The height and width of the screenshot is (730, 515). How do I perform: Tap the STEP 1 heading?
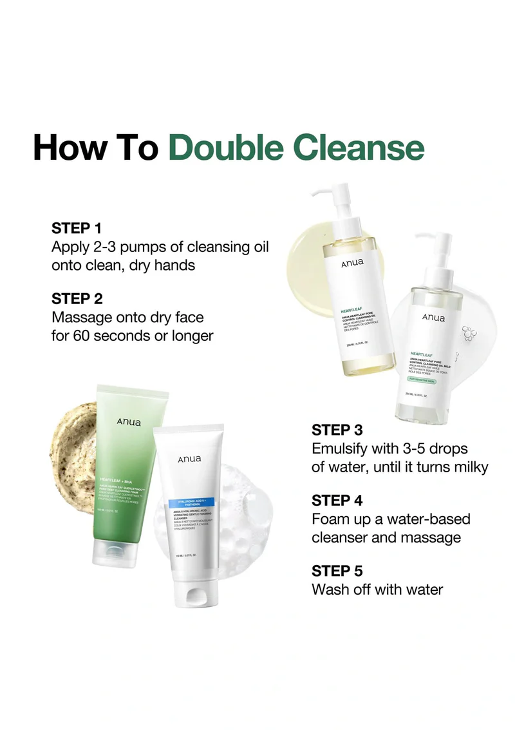pyautogui.click(x=77, y=228)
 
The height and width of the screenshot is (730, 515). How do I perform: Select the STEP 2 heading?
pyautogui.click(x=77, y=299)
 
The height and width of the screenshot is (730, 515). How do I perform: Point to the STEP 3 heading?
pyautogui.click(x=337, y=430)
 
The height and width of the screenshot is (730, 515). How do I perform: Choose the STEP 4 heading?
pyautogui.click(x=337, y=501)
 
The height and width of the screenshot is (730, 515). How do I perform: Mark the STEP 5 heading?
pyautogui.click(x=337, y=571)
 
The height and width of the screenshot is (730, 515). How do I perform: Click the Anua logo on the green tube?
pyautogui.click(x=129, y=421)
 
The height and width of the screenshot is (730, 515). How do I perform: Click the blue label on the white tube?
pyautogui.click(x=191, y=502)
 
